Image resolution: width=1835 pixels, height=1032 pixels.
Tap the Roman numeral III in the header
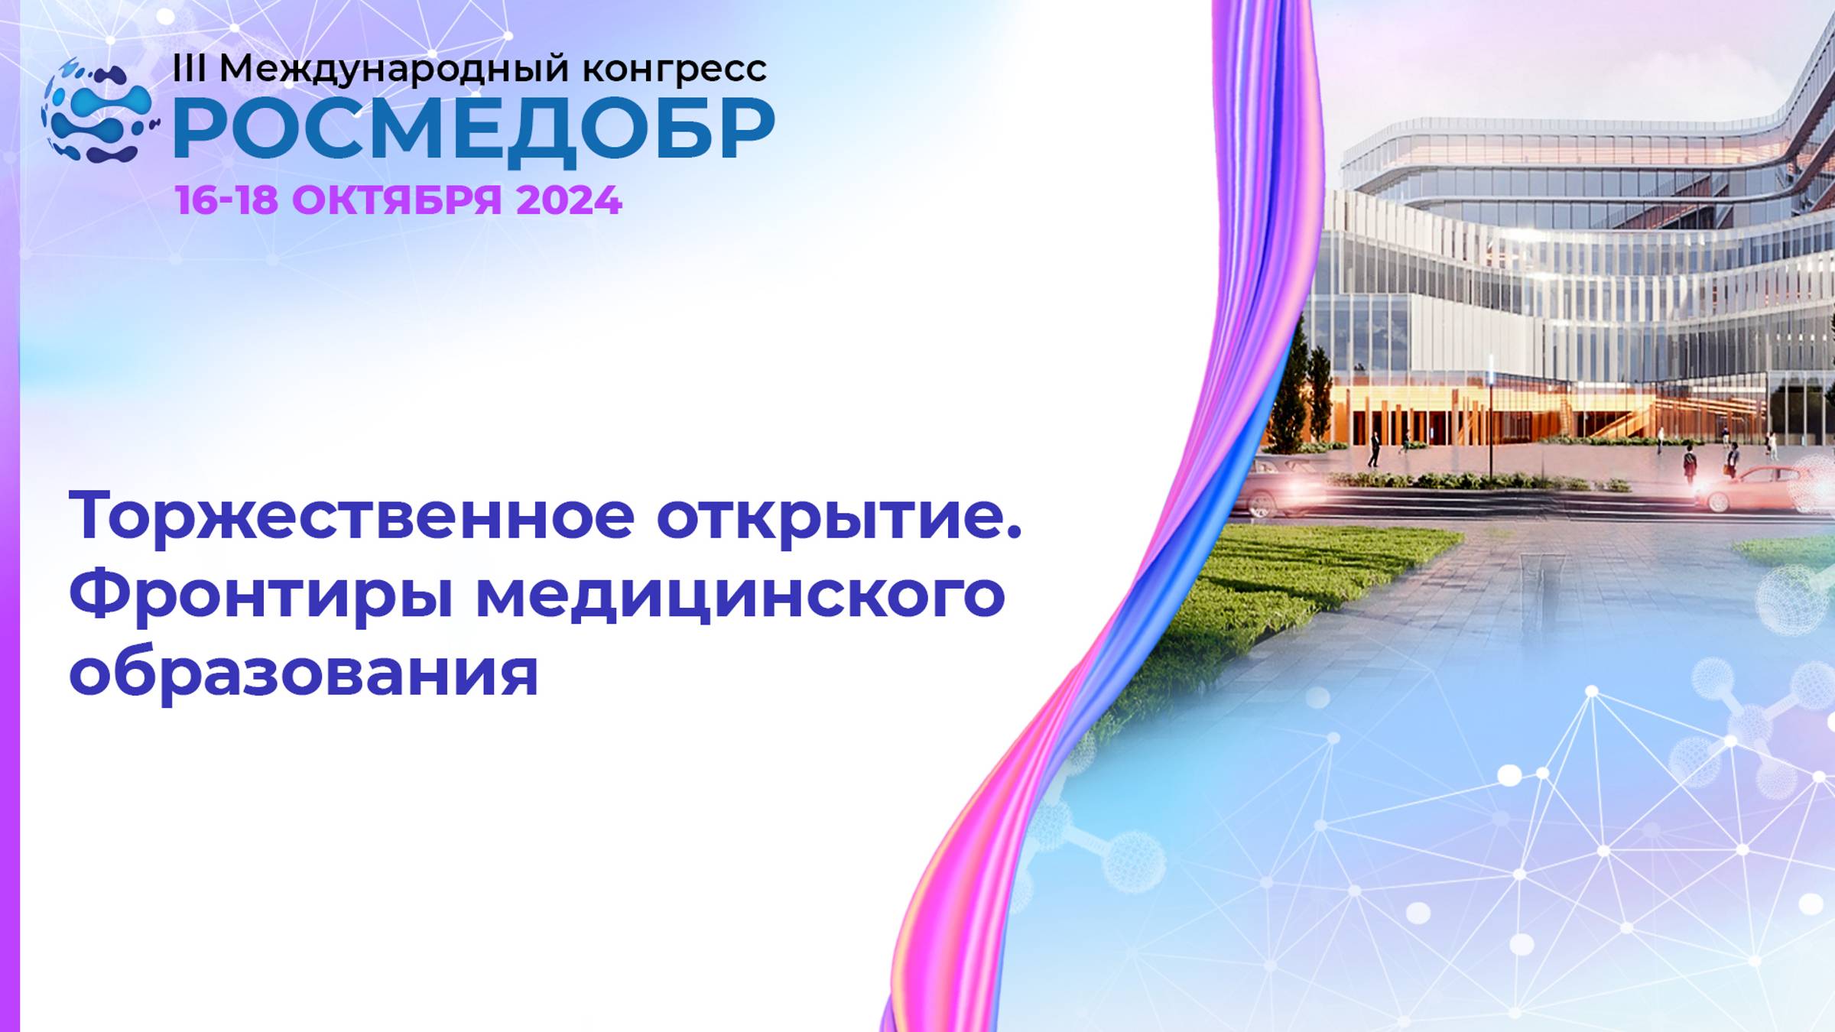coord(190,69)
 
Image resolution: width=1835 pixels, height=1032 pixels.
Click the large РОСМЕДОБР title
coord(474,130)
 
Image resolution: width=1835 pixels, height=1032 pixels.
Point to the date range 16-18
coord(226,200)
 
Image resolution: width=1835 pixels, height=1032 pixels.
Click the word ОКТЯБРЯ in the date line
coord(397,200)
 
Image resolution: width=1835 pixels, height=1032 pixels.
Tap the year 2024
coord(569,200)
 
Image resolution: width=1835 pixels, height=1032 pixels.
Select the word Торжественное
coord(352,517)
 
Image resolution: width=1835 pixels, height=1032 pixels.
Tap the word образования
coord(304,674)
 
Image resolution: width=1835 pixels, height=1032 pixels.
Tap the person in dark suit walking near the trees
coord(1374,449)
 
